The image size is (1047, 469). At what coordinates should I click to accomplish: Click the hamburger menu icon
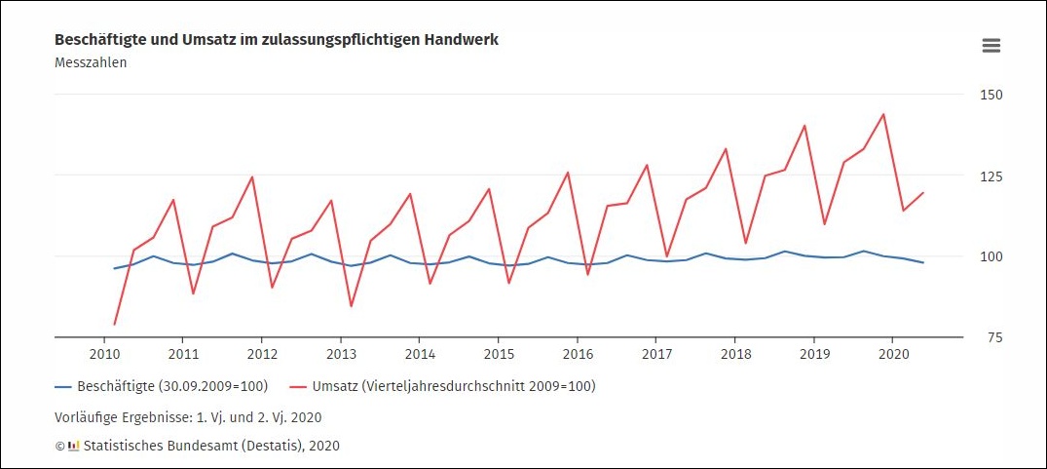pyautogui.click(x=991, y=46)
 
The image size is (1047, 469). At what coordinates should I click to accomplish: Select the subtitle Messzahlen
pyautogui.click(x=91, y=62)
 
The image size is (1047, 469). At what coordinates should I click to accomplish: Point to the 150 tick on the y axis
pyautogui.click(x=991, y=95)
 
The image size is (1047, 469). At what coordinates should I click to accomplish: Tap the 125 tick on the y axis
pyautogui.click(x=991, y=176)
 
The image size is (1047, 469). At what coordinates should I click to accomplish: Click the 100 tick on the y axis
pyautogui.click(x=991, y=256)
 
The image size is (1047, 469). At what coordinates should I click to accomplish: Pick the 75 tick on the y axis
pyautogui.click(x=991, y=337)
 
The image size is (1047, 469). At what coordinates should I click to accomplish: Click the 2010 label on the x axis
pyautogui.click(x=104, y=353)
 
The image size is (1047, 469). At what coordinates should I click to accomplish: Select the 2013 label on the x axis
pyautogui.click(x=341, y=353)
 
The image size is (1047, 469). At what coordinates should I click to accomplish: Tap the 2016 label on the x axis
pyautogui.click(x=578, y=353)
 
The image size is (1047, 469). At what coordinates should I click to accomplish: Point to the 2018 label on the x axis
pyautogui.click(x=735, y=353)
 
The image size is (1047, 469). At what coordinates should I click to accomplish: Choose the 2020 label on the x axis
pyautogui.click(x=893, y=353)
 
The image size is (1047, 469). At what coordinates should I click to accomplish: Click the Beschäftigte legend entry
pyautogui.click(x=162, y=386)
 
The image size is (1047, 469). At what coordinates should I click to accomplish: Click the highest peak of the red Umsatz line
pyautogui.click(x=883, y=114)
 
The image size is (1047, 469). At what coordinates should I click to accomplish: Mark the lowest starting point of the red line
pyautogui.click(x=115, y=324)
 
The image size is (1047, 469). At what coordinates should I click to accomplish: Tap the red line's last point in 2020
pyautogui.click(x=923, y=192)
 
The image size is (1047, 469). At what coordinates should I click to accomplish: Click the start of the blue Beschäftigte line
pyautogui.click(x=115, y=268)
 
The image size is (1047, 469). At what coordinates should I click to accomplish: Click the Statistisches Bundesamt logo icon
pyautogui.click(x=73, y=446)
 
